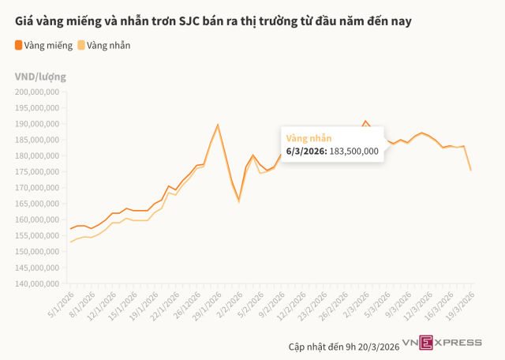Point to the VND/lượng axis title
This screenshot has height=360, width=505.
point(40,77)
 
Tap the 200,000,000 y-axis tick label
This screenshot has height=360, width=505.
point(38,92)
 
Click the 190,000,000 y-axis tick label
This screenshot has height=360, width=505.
point(38,124)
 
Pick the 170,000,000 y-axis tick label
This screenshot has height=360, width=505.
point(38,188)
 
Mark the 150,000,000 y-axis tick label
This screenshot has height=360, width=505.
point(38,252)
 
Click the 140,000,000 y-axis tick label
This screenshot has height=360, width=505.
point(38,283)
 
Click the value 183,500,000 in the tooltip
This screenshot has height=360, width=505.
point(353,151)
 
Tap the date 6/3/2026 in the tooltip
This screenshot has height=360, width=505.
point(305,151)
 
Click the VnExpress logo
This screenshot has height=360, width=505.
point(442,342)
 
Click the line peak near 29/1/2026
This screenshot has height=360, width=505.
point(218,125)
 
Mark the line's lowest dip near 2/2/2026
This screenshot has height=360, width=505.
point(238,201)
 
